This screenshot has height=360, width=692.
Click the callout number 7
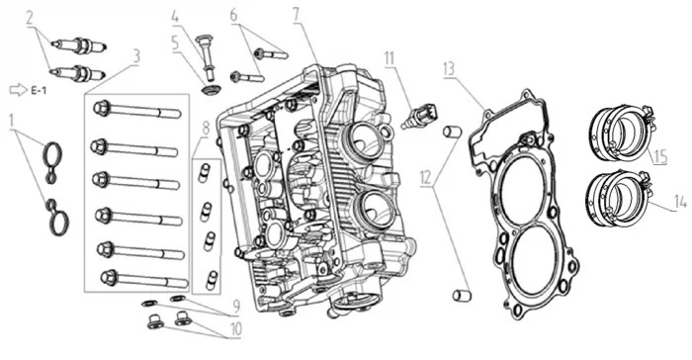tap(296, 15)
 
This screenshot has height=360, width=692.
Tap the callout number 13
tap(449, 69)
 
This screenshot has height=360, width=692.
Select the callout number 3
tap(136, 56)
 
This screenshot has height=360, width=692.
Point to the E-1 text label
tap(39, 91)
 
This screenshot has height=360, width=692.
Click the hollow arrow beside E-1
tap(18, 90)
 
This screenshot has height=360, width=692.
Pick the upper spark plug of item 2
tap(78, 45)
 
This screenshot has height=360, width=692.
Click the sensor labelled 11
tap(420, 116)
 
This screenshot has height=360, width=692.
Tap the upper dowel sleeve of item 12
tap(453, 132)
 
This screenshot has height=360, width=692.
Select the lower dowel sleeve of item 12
tap(462, 295)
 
